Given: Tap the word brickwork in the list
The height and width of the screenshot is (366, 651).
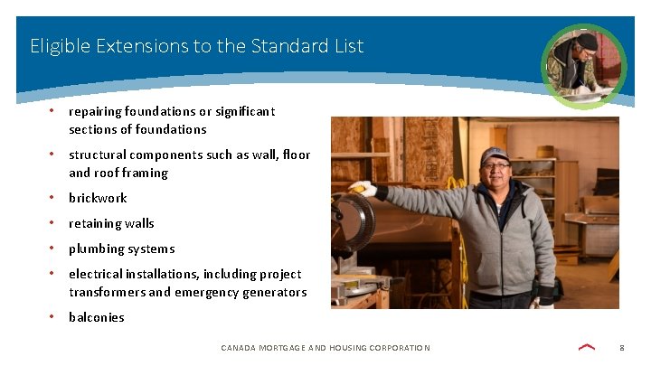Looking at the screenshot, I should pos(98,198).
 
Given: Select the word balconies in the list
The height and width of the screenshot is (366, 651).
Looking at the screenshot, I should pos(97,317).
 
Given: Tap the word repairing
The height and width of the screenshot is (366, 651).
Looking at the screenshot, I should pos(97,111).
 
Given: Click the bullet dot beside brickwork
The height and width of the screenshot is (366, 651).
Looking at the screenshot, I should pos(53,197).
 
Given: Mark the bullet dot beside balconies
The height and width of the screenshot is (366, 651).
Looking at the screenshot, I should pos(53,316).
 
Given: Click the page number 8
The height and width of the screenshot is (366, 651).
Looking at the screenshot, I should pos(622,348).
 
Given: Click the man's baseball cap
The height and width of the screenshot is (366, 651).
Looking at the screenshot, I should pos(495,155).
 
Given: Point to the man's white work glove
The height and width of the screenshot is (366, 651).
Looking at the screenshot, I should pos(363,188).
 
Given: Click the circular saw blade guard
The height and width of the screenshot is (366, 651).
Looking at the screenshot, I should pos(353,221).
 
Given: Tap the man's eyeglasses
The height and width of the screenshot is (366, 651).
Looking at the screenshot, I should pos(495,166).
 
